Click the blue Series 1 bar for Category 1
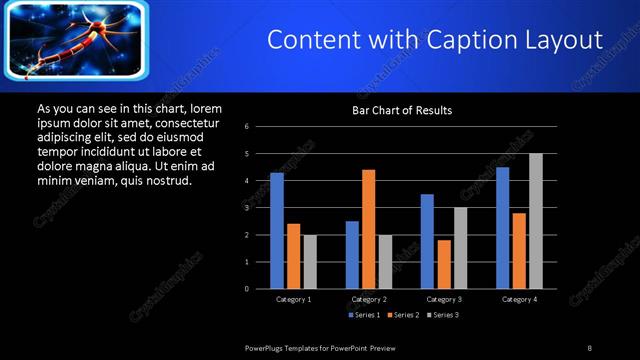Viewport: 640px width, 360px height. pos(277,230)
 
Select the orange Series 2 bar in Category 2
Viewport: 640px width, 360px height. pos(368,228)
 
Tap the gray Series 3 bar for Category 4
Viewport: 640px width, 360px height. pos(535,220)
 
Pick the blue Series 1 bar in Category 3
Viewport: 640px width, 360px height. pos(427,240)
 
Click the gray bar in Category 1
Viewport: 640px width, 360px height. pos(309,261)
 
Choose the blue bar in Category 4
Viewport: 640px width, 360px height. pos(502,227)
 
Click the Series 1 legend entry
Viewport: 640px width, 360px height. pos(363,315)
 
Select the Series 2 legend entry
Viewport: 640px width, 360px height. pos(404,315)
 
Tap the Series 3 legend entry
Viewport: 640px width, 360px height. pos(444,315)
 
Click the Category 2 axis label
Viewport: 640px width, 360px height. pos(369,299)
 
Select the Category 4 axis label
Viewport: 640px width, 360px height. pos(519,299)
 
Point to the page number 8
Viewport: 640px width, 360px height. pos(589,347)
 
